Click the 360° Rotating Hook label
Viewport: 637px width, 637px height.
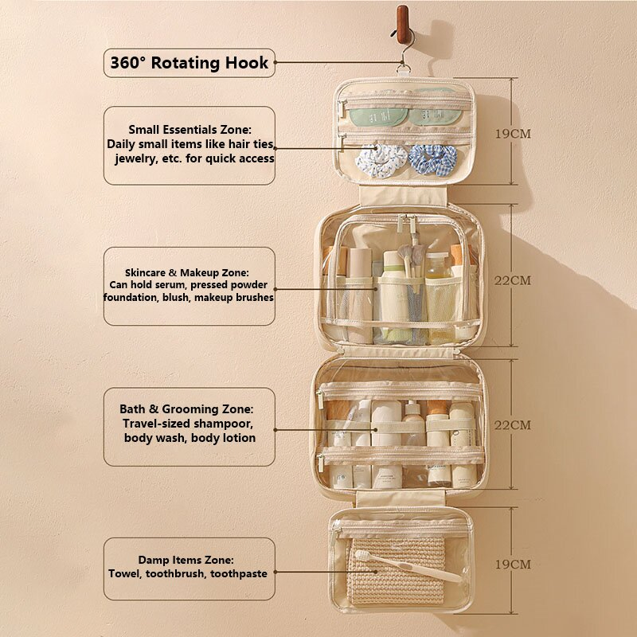(x=189, y=63)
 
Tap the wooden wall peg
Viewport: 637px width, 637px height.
(x=403, y=24)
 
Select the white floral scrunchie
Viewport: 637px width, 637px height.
(x=381, y=161)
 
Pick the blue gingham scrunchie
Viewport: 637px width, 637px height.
(x=432, y=160)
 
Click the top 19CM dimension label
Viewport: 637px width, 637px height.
(x=513, y=134)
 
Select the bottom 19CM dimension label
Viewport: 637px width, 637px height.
(x=513, y=565)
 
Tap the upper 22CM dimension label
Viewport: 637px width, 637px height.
(x=513, y=280)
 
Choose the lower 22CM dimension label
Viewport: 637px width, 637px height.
(x=513, y=425)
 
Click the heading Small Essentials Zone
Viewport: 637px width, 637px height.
(x=190, y=130)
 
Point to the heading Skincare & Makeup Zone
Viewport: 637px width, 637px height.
(x=187, y=272)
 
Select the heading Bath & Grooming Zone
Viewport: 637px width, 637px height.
(x=186, y=408)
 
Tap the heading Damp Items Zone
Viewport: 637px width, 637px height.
(x=186, y=560)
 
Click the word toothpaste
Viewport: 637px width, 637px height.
(x=239, y=573)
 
